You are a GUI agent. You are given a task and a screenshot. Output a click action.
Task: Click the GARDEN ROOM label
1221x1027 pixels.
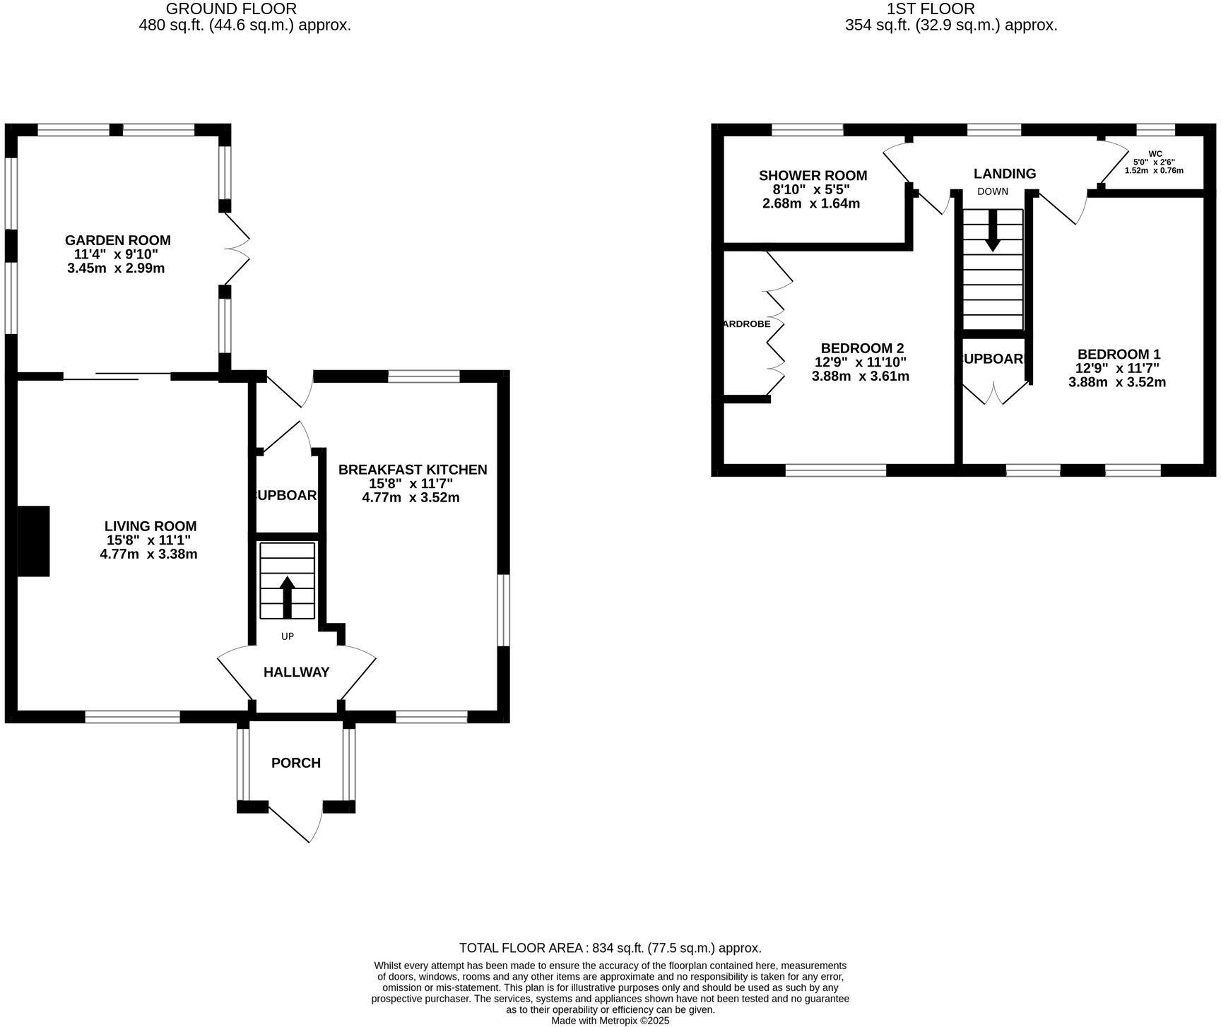point(118,240)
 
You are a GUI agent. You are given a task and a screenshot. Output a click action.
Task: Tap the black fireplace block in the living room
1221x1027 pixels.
point(33,541)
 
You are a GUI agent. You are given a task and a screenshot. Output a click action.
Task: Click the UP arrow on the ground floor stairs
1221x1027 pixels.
point(287,597)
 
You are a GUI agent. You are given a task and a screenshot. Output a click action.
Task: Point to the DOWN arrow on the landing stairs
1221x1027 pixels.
point(993,230)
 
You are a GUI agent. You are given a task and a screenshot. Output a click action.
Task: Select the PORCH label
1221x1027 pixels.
point(296,763)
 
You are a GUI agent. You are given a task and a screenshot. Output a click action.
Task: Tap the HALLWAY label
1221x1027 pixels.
point(296,672)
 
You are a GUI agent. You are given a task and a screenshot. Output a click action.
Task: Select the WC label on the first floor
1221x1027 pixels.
point(1155,153)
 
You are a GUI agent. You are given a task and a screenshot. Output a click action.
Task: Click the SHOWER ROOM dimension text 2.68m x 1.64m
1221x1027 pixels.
point(811,203)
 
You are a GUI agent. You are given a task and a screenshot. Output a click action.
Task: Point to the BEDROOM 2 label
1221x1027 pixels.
point(862,348)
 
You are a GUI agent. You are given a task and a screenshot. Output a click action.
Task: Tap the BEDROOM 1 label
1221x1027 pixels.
point(1119,355)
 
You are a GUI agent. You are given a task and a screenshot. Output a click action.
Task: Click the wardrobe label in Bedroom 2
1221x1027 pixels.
point(747,324)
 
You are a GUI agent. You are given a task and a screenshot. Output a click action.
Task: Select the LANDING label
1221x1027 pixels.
point(1004,174)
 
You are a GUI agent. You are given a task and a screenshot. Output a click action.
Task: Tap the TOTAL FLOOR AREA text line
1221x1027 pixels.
point(610,948)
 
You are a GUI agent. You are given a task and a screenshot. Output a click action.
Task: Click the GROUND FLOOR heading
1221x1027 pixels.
point(231,9)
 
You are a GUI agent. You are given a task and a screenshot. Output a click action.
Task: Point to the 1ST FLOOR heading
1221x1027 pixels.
point(931,9)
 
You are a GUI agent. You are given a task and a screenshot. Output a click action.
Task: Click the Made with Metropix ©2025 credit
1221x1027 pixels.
point(610,1021)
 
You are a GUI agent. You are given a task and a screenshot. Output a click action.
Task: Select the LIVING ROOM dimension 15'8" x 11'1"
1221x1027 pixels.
point(148,540)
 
